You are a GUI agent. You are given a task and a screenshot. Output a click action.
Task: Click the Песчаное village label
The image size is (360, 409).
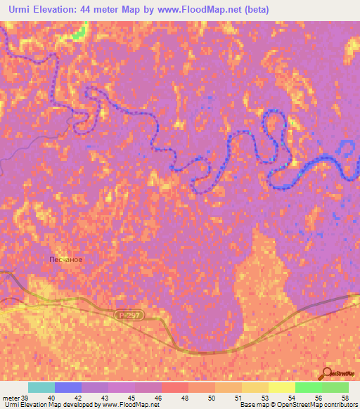point(66,259)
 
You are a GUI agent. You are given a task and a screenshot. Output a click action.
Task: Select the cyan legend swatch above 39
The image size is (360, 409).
point(41,387)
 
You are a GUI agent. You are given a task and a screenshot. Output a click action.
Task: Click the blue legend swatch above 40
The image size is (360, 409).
point(68,387)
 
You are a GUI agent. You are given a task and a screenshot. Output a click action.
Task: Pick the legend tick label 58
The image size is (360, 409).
point(344,397)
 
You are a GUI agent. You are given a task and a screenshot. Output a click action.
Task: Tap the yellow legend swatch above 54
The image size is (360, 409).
point(281,387)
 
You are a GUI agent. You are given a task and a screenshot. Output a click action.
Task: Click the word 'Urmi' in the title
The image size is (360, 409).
point(17,10)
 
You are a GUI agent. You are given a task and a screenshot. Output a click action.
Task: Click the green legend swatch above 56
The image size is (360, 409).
point(308,387)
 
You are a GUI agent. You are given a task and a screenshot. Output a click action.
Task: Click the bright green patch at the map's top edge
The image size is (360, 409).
point(79,31)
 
